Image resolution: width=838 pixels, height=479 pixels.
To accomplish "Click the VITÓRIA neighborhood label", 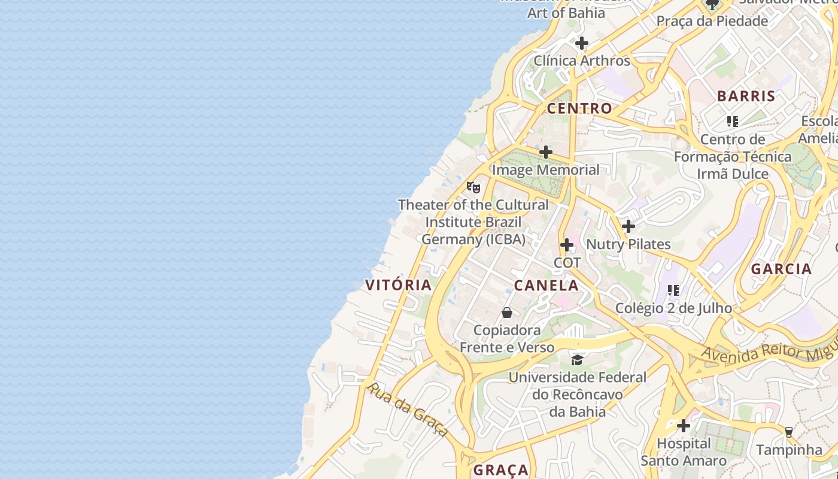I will [x=399, y=285].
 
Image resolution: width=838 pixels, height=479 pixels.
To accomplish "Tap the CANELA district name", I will [x=546, y=286].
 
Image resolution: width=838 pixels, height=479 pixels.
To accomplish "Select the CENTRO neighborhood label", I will [x=579, y=108].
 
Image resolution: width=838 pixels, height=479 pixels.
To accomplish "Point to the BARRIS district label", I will [x=746, y=96].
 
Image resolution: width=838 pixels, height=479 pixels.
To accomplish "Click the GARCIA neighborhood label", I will [x=781, y=269].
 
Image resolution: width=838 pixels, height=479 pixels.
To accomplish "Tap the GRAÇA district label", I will [x=501, y=470].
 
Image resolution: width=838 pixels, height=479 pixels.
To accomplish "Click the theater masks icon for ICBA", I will [x=473, y=187].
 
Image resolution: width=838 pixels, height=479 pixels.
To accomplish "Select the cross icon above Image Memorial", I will [x=546, y=152].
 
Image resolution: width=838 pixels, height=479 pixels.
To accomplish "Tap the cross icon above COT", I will [x=567, y=245].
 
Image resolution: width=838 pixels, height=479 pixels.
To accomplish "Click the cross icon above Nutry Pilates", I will [x=628, y=226].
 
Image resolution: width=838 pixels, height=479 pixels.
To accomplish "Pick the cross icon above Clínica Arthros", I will [x=582, y=43].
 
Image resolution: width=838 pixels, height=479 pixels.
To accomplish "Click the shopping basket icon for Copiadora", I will [x=507, y=313].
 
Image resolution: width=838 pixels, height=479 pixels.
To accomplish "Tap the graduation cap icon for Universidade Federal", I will [x=577, y=360].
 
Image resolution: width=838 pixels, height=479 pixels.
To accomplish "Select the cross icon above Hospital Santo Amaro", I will [x=684, y=426].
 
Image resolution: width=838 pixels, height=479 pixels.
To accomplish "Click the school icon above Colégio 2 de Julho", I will [x=673, y=290].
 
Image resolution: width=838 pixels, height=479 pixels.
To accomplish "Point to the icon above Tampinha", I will [x=789, y=432].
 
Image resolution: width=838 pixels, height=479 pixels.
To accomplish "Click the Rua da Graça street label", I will [x=408, y=410].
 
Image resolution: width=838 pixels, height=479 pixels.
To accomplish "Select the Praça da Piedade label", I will [x=712, y=21].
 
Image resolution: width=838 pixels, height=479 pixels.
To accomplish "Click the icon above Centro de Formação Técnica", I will [x=733, y=122].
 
